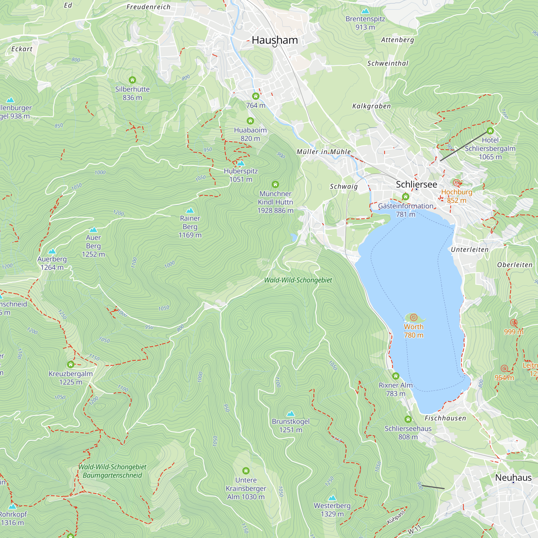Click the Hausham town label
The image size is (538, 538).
275,40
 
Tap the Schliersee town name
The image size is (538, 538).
416,184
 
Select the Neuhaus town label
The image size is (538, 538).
513,477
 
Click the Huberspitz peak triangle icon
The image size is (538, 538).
241,163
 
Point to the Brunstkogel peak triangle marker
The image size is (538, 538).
291,413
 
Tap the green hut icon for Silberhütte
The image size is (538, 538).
132,80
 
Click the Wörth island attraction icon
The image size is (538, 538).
413,317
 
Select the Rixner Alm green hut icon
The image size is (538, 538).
396,376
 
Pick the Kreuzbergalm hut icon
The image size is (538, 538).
71,364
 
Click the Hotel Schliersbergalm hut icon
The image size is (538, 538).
490,131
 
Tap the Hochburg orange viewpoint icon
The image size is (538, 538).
456,183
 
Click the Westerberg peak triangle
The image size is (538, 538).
332,498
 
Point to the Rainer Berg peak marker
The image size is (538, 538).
190,210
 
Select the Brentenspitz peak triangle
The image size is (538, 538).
365,11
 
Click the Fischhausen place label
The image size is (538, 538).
445,418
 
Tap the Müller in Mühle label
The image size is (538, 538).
324,152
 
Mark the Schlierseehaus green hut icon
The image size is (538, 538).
408,419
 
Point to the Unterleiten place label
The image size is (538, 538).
469,250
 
